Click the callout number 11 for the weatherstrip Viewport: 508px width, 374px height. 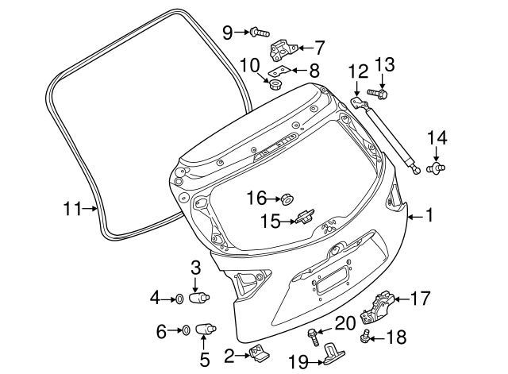click(72, 210)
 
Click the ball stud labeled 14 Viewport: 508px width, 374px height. click(436, 168)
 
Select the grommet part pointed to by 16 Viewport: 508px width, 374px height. click(287, 196)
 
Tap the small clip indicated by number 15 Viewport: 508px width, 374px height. click(306, 214)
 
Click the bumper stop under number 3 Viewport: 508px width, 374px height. click(201, 299)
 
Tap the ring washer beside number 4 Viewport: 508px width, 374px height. click(179, 299)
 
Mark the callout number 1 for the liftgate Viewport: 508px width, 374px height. click(429, 214)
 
